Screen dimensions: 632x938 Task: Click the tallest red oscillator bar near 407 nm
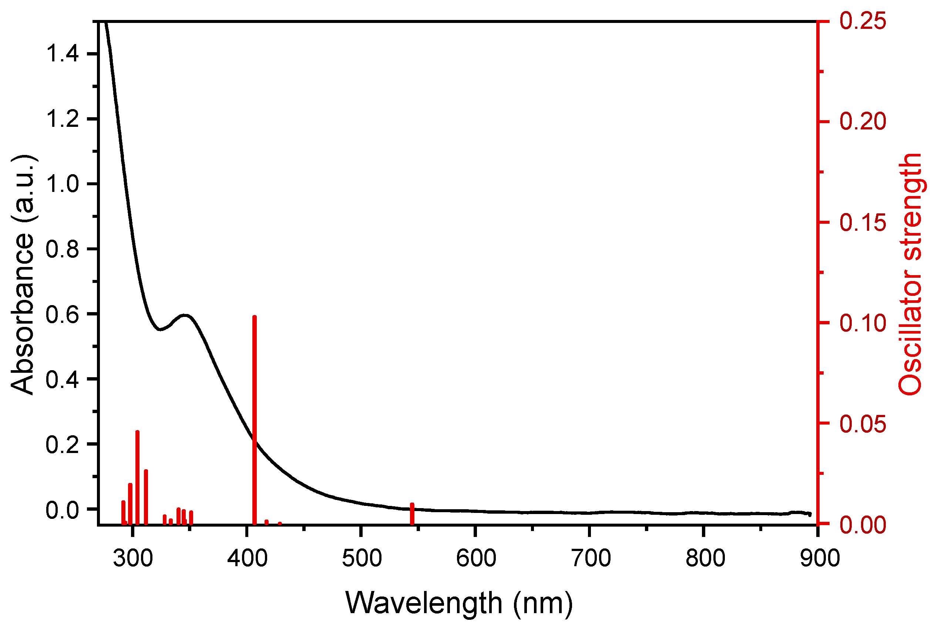(255, 419)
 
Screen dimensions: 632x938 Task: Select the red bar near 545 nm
(412, 514)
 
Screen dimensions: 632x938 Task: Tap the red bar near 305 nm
(138, 478)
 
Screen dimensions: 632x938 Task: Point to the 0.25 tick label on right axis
(863, 21)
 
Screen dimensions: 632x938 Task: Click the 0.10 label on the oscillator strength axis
(863, 323)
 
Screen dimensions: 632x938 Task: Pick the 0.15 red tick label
(863, 223)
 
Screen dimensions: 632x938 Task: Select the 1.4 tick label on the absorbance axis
(62, 54)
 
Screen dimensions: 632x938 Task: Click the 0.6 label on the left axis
(62, 314)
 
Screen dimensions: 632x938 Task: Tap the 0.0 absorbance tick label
(62, 510)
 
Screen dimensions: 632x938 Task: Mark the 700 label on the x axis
(591, 559)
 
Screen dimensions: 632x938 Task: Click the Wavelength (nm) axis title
(459, 604)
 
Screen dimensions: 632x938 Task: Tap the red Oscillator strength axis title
(910, 274)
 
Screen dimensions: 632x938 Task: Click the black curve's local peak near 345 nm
(185, 315)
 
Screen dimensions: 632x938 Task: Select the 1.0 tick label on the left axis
(62, 184)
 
